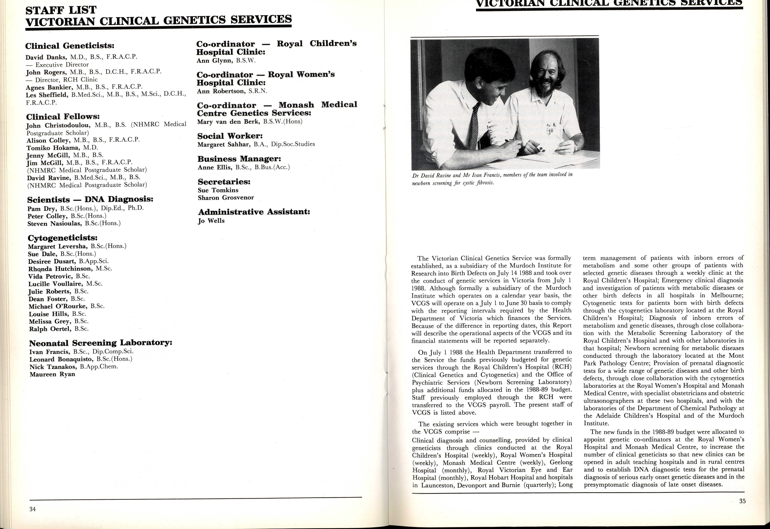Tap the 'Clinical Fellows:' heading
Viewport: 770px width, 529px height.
click(63, 117)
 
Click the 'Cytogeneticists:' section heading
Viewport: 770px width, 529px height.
click(63, 238)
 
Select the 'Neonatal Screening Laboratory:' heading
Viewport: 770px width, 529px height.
click(100, 343)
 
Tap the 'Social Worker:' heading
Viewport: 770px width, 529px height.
click(230, 136)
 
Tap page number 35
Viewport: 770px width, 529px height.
click(742, 501)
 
